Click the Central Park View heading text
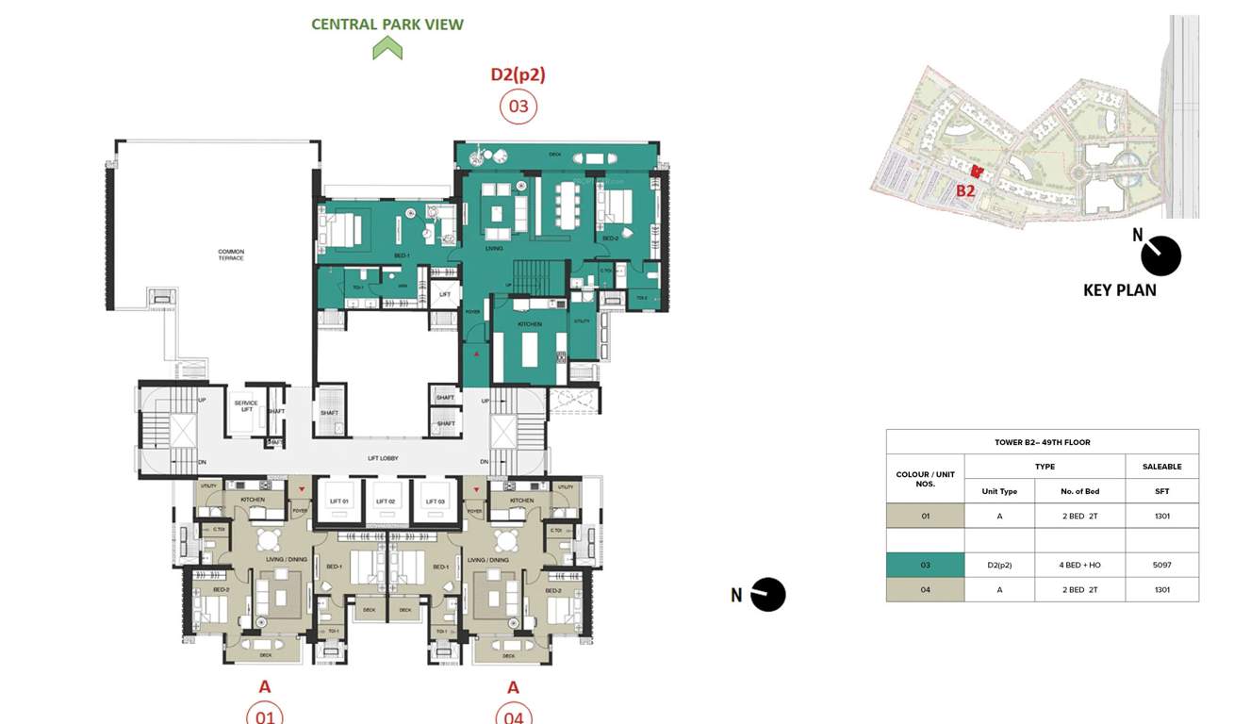pyautogui.click(x=387, y=24)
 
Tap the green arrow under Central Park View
pyautogui.click(x=387, y=48)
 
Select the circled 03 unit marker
pyautogui.click(x=518, y=107)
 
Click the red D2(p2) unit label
pyautogui.click(x=518, y=74)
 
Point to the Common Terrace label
pyautogui.click(x=231, y=255)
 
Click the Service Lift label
pyautogui.click(x=246, y=406)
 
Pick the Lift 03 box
pyautogui.click(x=435, y=501)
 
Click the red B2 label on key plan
pyautogui.click(x=965, y=190)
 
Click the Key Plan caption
pyautogui.click(x=1119, y=290)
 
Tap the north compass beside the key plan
pyautogui.click(x=1160, y=255)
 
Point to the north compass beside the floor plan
pyautogui.click(x=765, y=595)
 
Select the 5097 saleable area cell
pyautogui.click(x=1161, y=565)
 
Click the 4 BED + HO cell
pyautogui.click(x=1079, y=565)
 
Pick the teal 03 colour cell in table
pyautogui.click(x=925, y=565)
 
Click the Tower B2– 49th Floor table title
pyautogui.click(x=1042, y=442)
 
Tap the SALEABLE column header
pyautogui.click(x=1161, y=466)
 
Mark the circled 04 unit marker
pyautogui.click(x=513, y=715)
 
